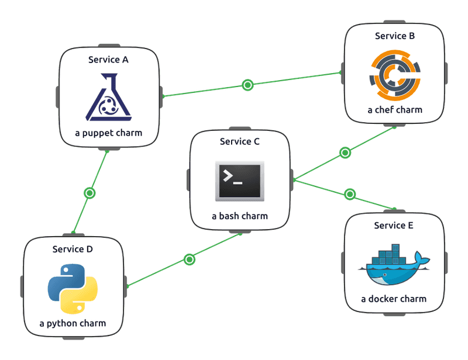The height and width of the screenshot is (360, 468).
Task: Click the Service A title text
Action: pyautogui.click(x=108, y=60)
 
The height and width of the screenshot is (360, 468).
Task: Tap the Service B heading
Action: pyautogui.click(x=395, y=36)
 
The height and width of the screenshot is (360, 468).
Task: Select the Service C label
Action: pyautogui.click(x=240, y=141)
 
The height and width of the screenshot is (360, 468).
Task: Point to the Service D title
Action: pyautogui.click(x=73, y=249)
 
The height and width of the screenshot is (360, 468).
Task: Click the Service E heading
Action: pyautogui.click(x=394, y=226)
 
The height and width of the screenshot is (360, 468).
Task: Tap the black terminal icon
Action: pyautogui.click(x=240, y=179)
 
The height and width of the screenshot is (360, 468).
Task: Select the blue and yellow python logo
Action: pyautogui.click(x=73, y=288)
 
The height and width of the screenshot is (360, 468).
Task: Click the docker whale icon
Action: pyautogui.click(x=394, y=266)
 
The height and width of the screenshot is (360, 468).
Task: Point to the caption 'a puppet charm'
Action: pyautogui.click(x=108, y=133)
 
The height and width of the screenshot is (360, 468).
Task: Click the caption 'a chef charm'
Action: pyautogui.click(x=395, y=109)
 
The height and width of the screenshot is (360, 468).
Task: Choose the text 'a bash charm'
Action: pyautogui.click(x=240, y=216)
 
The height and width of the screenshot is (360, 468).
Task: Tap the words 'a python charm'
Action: pyautogui.click(x=73, y=323)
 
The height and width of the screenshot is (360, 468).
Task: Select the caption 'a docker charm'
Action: pyautogui.click(x=394, y=299)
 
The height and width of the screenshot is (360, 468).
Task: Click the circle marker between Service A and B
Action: pyautogui.click(x=247, y=85)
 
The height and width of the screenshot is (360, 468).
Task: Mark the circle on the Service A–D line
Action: pyautogui.click(x=90, y=192)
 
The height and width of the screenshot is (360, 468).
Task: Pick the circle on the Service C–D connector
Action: pyautogui.click(x=189, y=259)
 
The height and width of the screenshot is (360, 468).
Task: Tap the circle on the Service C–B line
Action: pyautogui.click(x=345, y=153)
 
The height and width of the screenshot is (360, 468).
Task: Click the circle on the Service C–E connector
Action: pyautogui.click(x=350, y=194)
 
